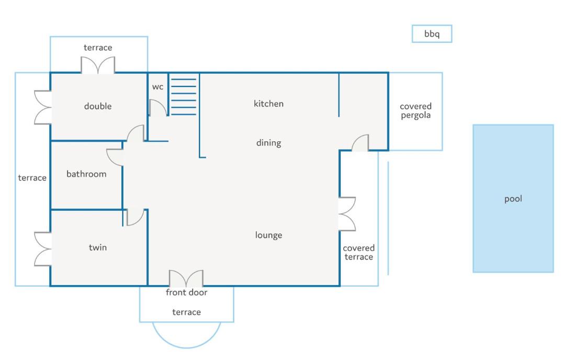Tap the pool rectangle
(x=513, y=198)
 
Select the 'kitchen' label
(x=268, y=104)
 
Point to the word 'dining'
(x=268, y=143)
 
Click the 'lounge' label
(x=268, y=235)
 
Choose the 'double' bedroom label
(x=98, y=106)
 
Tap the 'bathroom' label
(x=86, y=174)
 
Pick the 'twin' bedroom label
(x=98, y=248)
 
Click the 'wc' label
(x=157, y=87)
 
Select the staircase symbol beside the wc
(x=184, y=97)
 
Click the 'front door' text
(x=186, y=292)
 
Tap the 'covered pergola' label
(x=415, y=110)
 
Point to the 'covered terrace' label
(x=358, y=252)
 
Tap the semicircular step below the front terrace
(x=186, y=347)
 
